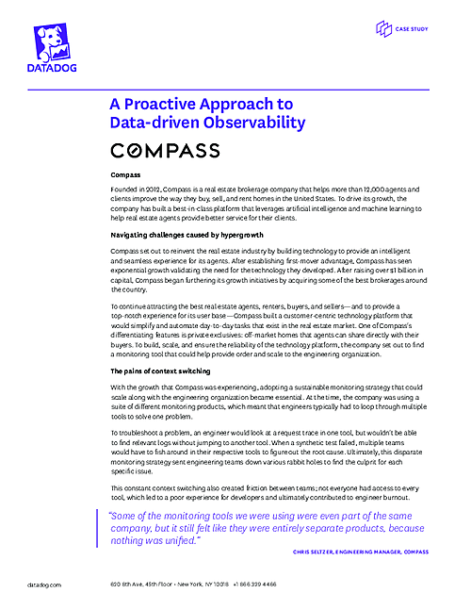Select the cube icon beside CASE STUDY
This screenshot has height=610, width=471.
382,30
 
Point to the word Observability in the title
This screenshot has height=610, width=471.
250,123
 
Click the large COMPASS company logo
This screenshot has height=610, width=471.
165,151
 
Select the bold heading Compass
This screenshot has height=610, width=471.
125,175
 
